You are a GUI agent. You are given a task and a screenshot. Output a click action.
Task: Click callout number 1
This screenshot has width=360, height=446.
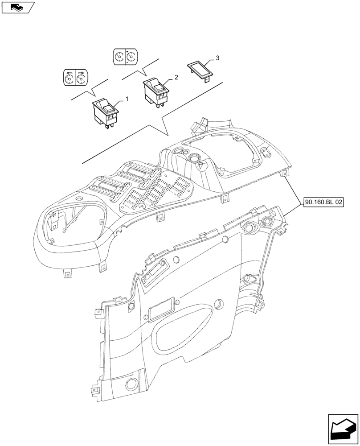tap(127, 99)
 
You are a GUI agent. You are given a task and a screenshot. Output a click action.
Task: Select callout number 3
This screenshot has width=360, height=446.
tap(217, 58)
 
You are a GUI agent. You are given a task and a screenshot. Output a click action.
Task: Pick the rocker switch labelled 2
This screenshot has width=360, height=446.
tap(156, 91)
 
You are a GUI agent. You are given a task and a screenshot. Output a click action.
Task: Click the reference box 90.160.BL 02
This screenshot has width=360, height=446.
tap(324, 202)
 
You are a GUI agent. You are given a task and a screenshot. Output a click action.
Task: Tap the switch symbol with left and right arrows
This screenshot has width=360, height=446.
tap(75, 77)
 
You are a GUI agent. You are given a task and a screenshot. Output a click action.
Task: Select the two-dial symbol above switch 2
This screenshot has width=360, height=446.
tap(125, 57)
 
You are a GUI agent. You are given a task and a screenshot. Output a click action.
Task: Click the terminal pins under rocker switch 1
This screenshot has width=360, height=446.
tap(108, 125)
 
